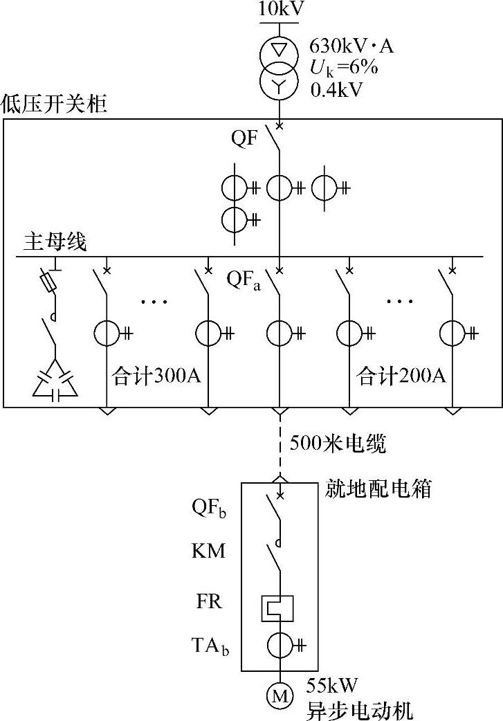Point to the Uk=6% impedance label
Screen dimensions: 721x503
tap(343, 69)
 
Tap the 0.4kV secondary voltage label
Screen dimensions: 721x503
tap(338, 89)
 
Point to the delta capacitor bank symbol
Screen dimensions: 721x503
tap(55, 382)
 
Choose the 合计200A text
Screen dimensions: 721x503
tap(401, 377)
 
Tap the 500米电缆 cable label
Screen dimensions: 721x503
tap(338, 444)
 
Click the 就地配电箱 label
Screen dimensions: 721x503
tap(378, 489)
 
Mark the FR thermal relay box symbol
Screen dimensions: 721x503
tap(278, 608)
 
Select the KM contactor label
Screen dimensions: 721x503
tap(208, 552)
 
